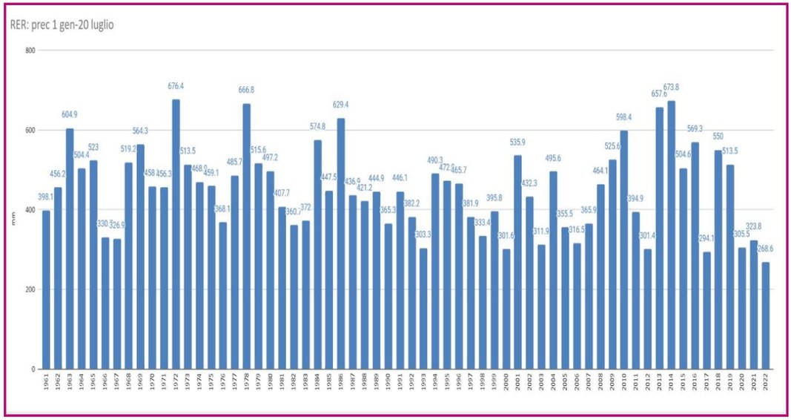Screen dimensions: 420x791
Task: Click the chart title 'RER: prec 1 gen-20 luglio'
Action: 62,25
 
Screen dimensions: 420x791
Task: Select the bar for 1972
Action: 176,234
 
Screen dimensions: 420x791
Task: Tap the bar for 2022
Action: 765,315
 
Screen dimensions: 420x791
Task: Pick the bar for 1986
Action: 341,243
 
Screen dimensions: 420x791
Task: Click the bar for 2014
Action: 671,234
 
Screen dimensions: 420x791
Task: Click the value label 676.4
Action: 176,87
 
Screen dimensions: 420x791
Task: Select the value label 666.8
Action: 247,90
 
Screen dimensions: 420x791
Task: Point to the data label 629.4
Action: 341,105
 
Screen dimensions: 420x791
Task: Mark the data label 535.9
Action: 518,142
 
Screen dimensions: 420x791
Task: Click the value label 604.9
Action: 70,114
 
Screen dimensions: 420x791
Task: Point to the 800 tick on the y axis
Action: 31,50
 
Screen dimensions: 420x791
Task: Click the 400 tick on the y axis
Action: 31,210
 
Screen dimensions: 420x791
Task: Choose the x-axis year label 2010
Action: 624,384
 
